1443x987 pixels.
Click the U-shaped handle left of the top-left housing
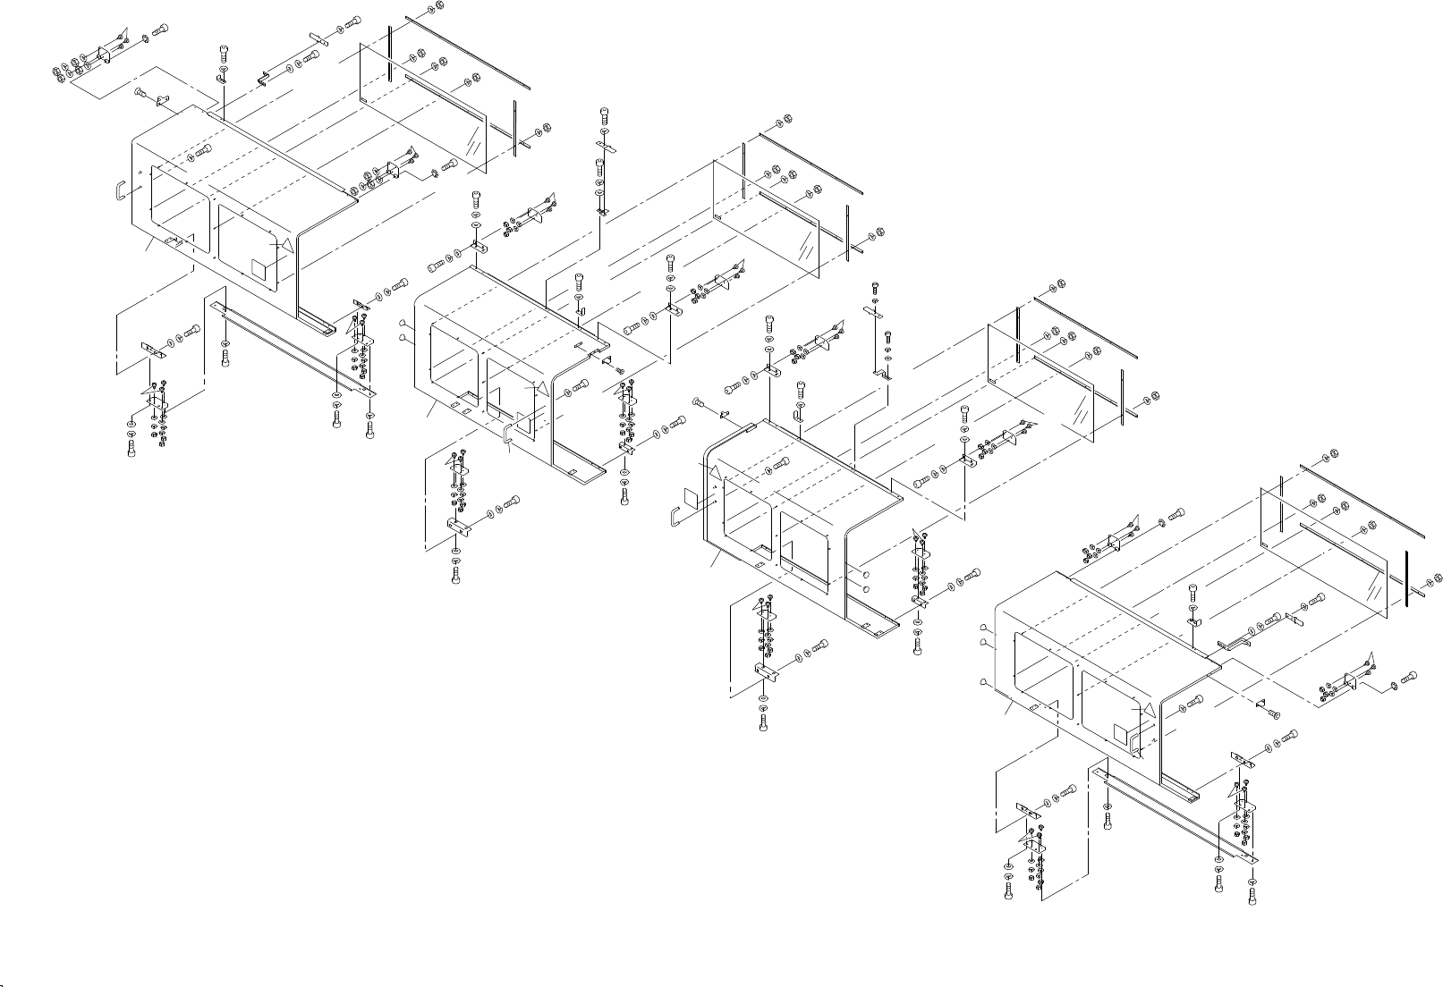[119, 192]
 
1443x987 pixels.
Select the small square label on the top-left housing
[259, 267]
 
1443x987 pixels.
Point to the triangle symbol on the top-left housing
[284, 244]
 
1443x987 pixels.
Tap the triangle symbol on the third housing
[715, 471]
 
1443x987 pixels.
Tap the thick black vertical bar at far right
[1407, 578]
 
